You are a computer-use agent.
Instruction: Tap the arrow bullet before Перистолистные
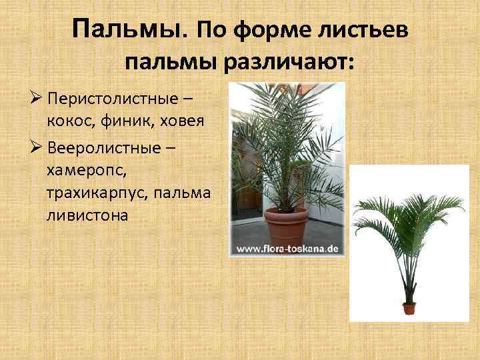pos(37,100)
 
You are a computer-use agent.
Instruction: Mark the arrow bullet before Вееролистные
pos(37,147)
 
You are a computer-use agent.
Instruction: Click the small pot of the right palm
pos(409,308)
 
